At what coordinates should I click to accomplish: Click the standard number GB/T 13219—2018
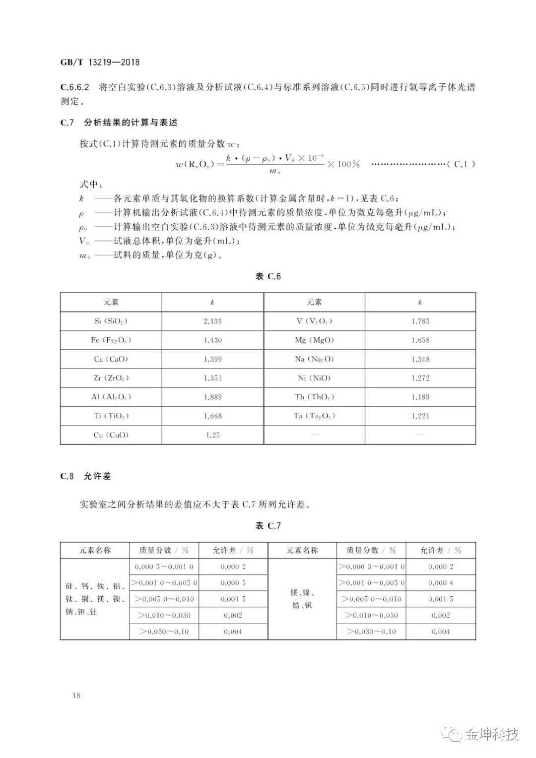(x=100, y=63)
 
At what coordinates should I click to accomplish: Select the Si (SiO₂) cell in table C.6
(x=111, y=321)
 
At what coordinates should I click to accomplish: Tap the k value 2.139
(x=212, y=321)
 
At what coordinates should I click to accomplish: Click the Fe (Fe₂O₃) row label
(x=111, y=340)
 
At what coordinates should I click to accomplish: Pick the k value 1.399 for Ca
(x=212, y=359)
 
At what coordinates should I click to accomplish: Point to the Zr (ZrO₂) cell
(x=111, y=378)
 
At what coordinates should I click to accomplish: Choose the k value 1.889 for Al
(x=212, y=397)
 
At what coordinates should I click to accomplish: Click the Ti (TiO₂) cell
(x=111, y=416)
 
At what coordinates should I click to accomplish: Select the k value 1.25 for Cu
(x=212, y=435)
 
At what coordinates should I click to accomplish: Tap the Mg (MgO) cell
(x=314, y=340)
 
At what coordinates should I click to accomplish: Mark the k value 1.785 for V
(x=420, y=321)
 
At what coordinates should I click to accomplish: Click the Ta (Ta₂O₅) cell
(x=314, y=416)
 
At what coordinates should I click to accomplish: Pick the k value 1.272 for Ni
(x=420, y=378)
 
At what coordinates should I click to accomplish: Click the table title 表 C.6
(x=268, y=277)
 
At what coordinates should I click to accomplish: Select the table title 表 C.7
(x=268, y=526)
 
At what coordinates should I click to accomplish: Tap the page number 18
(x=76, y=695)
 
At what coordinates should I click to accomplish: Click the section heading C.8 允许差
(x=85, y=476)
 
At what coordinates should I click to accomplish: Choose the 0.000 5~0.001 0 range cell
(x=164, y=567)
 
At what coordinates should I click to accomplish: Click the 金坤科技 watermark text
(x=491, y=734)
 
